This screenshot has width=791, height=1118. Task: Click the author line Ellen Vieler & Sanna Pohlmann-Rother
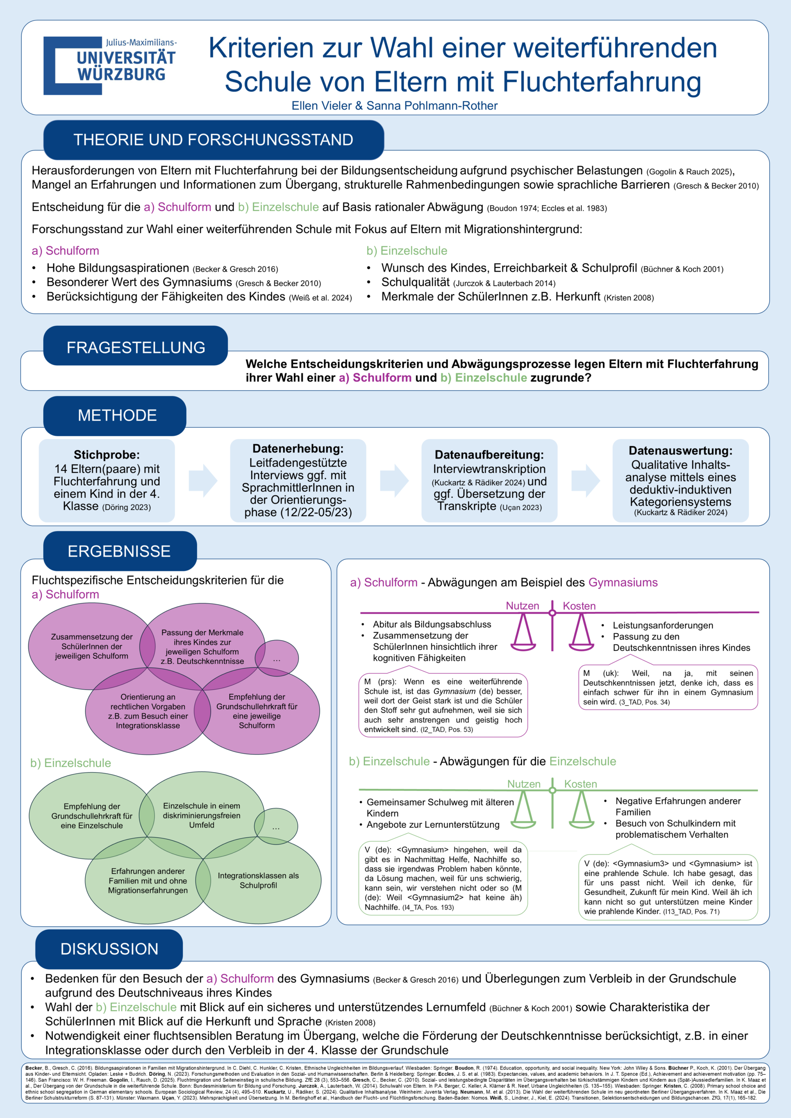tap(394, 106)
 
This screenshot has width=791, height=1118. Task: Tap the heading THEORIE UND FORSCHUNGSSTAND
tap(213, 140)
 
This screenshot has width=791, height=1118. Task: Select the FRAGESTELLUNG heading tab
tap(135, 347)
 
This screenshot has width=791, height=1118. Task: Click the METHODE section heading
tap(117, 415)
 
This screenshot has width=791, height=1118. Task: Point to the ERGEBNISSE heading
tap(119, 551)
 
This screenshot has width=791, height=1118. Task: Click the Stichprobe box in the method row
tap(107, 480)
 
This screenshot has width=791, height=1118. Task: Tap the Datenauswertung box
tap(680, 480)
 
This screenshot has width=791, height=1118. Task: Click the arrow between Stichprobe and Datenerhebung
tap(202, 480)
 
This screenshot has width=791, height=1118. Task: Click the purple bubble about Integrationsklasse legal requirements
tap(148, 711)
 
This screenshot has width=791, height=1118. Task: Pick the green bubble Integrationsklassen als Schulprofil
tap(259, 880)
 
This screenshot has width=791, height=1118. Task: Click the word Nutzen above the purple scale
tap(522, 606)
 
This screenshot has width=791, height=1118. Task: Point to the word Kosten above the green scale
tap(580, 784)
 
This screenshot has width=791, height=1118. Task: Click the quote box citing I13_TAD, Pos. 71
tap(668, 887)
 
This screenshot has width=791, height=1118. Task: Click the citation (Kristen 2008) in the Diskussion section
tap(350, 1022)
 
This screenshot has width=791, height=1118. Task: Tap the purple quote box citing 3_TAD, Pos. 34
tap(668, 687)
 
